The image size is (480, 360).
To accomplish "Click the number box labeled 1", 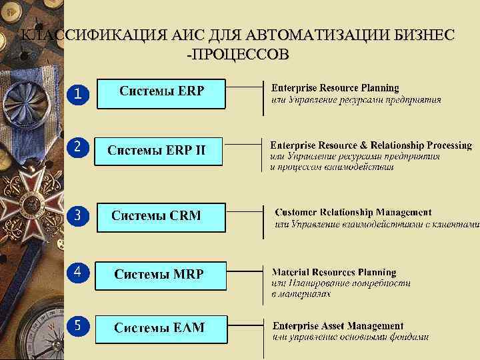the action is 77,95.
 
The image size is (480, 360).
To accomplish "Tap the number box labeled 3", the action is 77,216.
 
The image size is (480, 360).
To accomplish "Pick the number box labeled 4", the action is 77,272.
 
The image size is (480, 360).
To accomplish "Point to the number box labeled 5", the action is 77,325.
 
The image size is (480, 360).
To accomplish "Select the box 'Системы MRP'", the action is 160,275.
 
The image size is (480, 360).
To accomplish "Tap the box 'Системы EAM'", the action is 160,328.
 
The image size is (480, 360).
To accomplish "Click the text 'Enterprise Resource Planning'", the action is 335,88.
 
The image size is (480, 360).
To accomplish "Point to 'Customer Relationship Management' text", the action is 353,213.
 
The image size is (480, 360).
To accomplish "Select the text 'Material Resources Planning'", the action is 334,272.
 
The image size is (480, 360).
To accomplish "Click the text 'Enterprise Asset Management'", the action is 338,326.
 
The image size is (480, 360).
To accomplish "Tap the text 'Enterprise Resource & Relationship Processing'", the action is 371,145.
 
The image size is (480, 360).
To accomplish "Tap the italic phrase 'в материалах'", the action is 301,293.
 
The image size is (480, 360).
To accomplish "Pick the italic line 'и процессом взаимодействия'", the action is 332,167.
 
